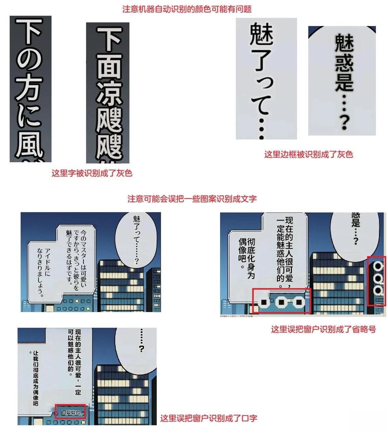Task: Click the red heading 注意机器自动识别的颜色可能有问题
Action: click(187, 9)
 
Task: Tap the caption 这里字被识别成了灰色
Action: click(92, 173)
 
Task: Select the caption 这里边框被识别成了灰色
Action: click(308, 154)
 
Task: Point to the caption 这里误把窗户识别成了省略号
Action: click(323, 329)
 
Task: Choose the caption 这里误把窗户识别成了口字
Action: click(208, 418)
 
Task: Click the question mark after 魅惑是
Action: click(344, 122)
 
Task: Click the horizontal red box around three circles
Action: click(281, 301)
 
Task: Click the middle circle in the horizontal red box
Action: click(281, 302)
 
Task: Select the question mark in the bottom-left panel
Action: click(141, 349)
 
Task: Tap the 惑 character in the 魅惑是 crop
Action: click(344, 64)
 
